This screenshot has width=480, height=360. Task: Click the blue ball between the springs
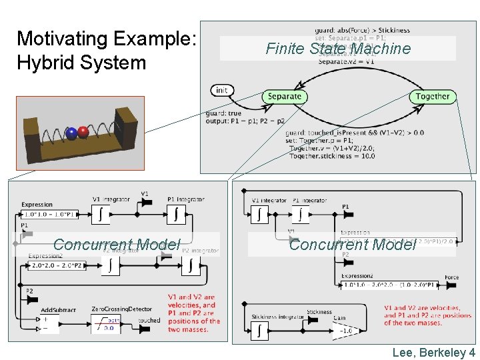coord(71,133)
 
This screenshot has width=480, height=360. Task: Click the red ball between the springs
coord(83,131)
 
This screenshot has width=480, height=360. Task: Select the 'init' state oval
coord(221,90)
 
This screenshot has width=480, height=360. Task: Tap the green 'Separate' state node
coord(285,97)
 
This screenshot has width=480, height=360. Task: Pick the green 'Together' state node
coord(433,97)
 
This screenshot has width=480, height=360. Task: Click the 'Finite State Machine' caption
coord(338,49)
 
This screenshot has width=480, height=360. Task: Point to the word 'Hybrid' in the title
coord(41,63)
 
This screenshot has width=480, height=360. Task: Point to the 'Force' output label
coord(451,278)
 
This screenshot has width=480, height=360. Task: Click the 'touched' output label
coord(149,321)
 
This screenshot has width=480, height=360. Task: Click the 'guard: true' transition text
coord(223,113)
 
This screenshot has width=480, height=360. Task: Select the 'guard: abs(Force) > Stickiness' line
coord(363,30)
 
